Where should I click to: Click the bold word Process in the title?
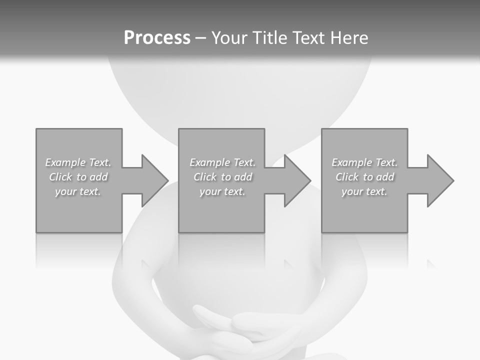tap(157, 38)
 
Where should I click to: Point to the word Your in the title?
tap(229, 38)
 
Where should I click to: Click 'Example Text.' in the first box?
tap(78, 162)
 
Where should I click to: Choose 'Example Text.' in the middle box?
tap(222, 162)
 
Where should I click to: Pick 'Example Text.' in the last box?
tap(364, 162)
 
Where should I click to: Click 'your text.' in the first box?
tap(78, 191)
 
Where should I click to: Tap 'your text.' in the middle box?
tap(222, 191)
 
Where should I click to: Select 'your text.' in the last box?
tap(364, 191)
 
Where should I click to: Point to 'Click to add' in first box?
tap(78, 177)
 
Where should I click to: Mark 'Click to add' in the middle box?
tap(222, 177)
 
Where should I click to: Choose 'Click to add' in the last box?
tap(364, 177)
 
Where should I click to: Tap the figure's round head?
tap(240, 95)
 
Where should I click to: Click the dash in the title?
tap(200, 38)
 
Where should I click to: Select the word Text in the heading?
tap(309, 38)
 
